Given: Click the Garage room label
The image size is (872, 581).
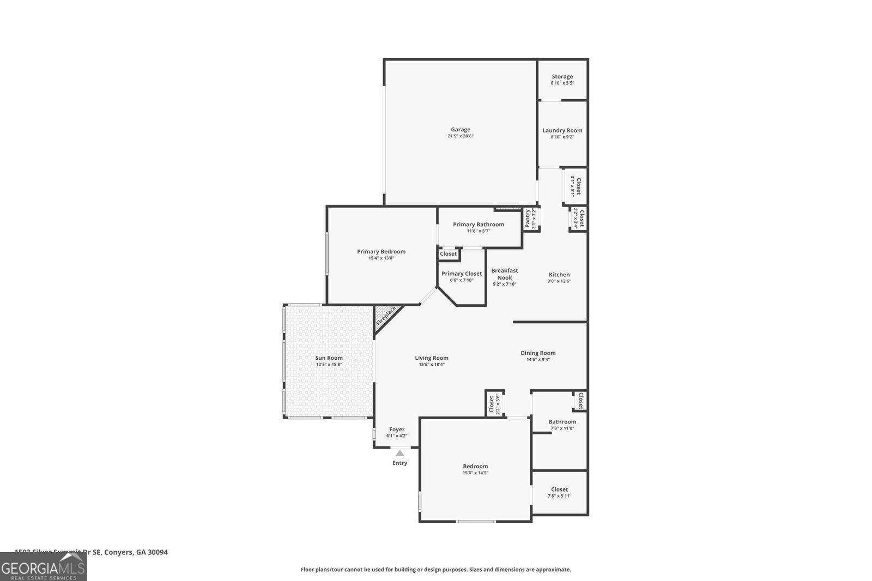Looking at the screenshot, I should tap(461, 130).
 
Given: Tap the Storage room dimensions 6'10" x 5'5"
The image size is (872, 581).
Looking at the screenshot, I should tap(562, 83).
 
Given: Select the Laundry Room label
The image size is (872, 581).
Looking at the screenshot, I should tap(562, 130).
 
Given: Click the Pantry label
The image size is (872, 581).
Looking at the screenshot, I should tap(528, 219).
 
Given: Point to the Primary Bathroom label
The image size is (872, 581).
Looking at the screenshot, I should tap(478, 225).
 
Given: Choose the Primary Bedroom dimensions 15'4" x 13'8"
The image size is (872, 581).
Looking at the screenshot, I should tap(381, 258).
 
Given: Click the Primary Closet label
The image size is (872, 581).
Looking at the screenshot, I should tap(461, 274).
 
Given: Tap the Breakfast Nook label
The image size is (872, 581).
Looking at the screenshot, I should tap(504, 274).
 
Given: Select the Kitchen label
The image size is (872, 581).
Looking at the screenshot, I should tap(559, 275).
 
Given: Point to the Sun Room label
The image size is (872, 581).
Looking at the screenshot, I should tap(329, 358).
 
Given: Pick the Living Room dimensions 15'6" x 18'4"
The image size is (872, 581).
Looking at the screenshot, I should tap(432, 365).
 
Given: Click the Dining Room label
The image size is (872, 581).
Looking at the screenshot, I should tap(537, 353).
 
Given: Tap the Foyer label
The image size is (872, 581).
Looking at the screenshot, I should tap(396, 429).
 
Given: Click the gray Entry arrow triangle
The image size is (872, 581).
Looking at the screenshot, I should tap(399, 453).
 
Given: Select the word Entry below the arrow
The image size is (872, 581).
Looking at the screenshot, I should tap(399, 463).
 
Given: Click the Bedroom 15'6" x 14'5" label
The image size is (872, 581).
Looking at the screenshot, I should tap(475, 467).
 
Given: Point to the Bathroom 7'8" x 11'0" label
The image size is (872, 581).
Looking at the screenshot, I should tap(562, 422).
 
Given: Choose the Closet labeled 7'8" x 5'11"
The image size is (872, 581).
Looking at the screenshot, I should tap(559, 493).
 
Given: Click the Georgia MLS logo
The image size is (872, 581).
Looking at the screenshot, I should tap(43, 568).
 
